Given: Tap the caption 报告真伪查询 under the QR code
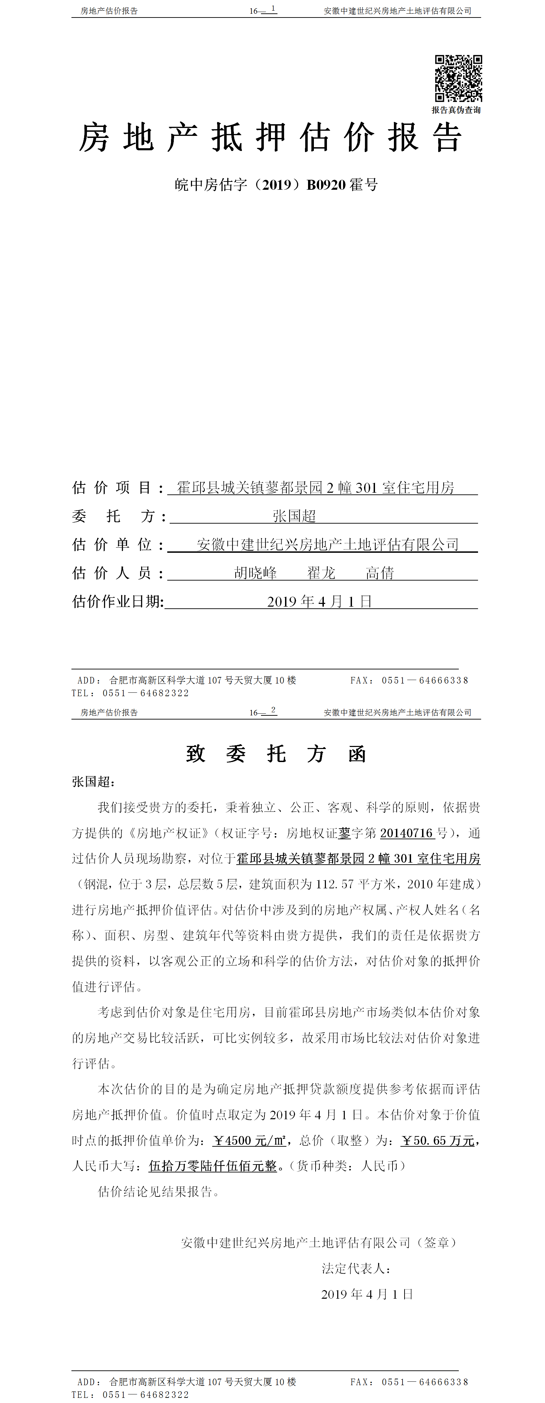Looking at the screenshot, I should click(456, 110).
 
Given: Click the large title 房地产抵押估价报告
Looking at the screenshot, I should click(271, 137).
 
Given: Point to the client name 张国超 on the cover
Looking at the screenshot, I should click(294, 516).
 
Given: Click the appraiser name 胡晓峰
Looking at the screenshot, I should click(256, 573).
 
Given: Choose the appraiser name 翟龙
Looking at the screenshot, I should click(321, 573).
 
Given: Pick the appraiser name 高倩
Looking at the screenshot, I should click(380, 573).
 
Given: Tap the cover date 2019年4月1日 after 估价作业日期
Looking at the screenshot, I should click(319, 602).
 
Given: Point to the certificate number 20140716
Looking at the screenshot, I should click(407, 833).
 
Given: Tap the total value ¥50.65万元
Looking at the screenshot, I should click(438, 1141).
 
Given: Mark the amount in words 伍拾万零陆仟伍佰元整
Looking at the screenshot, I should click(213, 1167).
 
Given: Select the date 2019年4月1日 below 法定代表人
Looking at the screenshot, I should click(367, 1295).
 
